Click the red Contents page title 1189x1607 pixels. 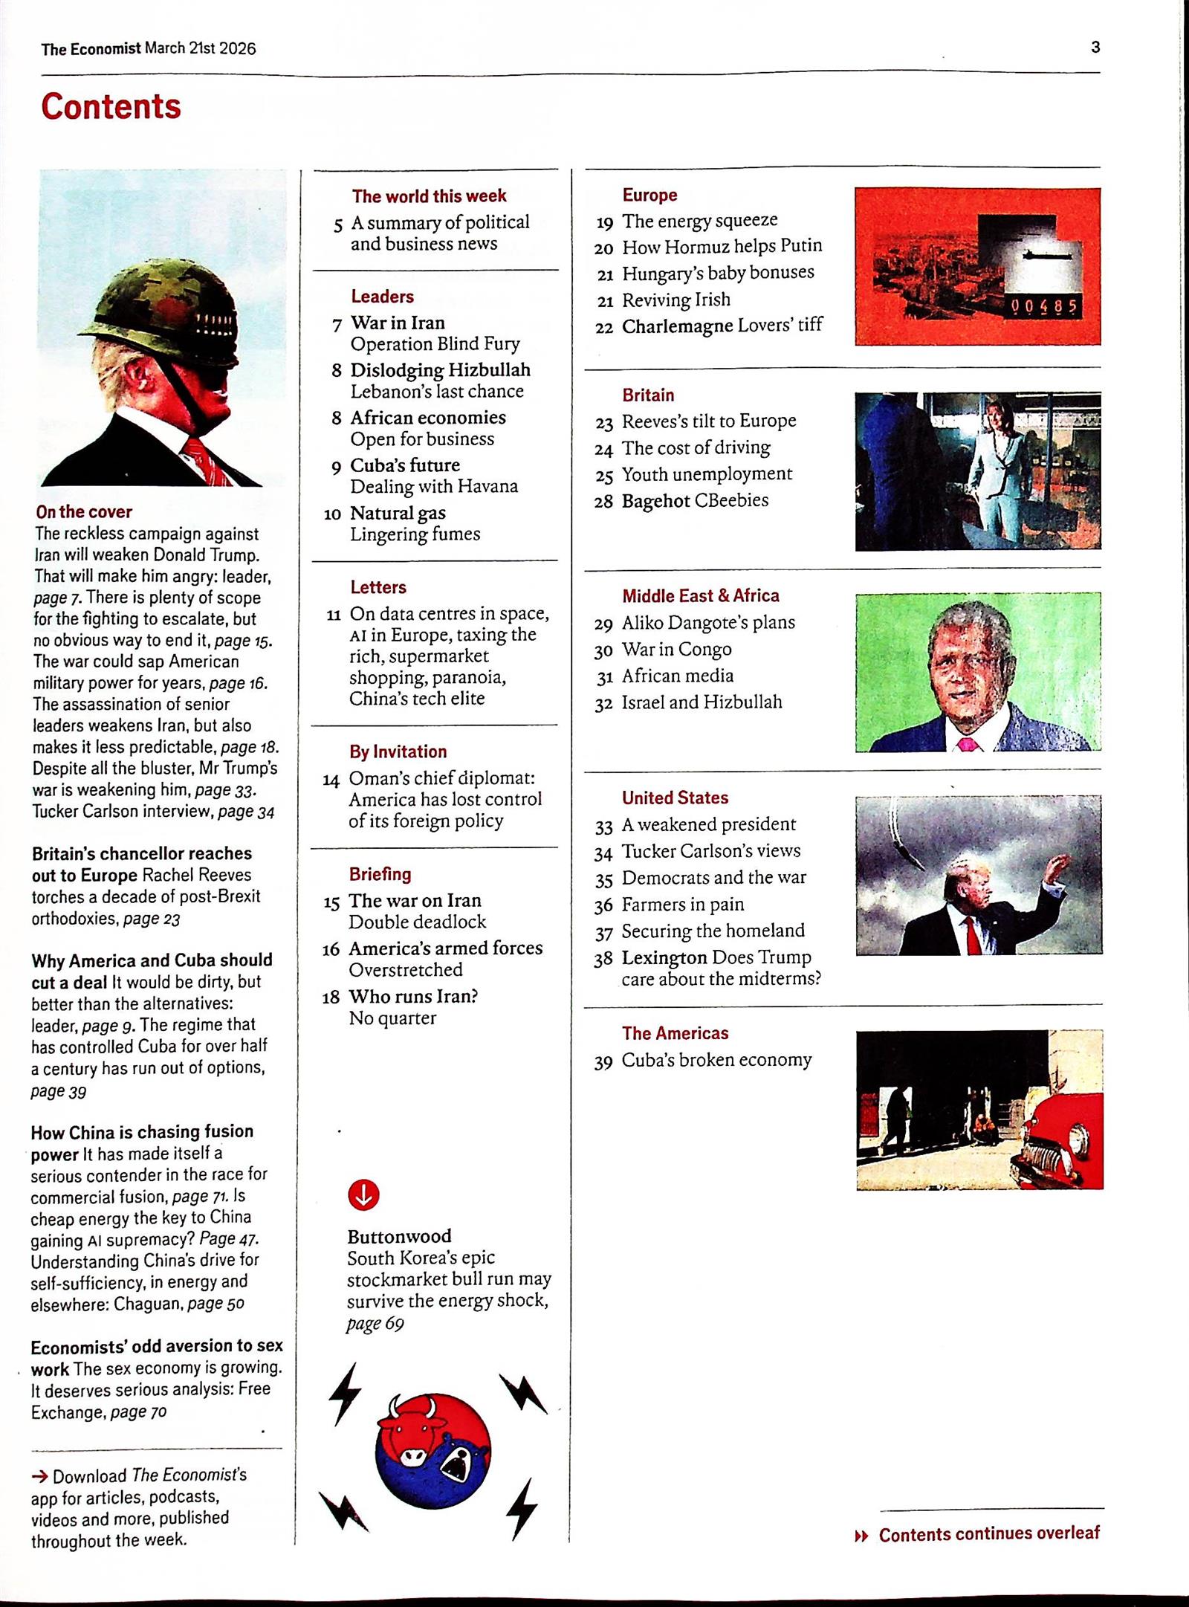point(111,106)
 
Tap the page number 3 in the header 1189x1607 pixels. point(1095,47)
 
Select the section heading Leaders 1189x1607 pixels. point(382,297)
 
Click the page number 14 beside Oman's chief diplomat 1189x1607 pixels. point(331,780)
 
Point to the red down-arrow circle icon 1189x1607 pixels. point(363,1194)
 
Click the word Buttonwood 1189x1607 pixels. point(399,1236)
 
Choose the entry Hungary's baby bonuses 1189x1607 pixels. point(717,273)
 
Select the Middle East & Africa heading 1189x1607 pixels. point(700,595)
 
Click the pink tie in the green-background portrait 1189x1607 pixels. point(966,744)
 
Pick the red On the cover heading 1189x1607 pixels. point(83,511)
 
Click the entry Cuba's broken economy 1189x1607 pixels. point(716,1060)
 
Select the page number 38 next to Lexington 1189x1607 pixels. point(603,959)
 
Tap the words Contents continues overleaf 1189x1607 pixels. point(988,1533)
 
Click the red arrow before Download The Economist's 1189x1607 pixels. point(40,1475)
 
